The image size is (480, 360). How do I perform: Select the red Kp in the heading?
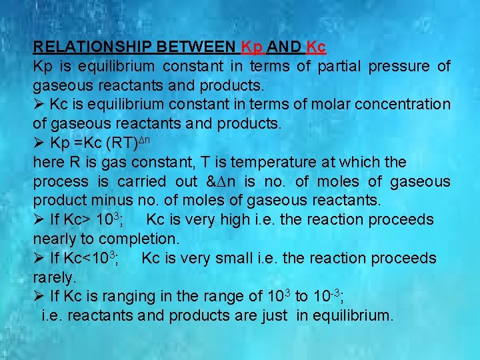click(x=252, y=47)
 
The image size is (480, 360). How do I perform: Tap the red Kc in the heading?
click(x=315, y=47)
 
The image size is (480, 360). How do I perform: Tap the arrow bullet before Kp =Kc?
click(x=39, y=143)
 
